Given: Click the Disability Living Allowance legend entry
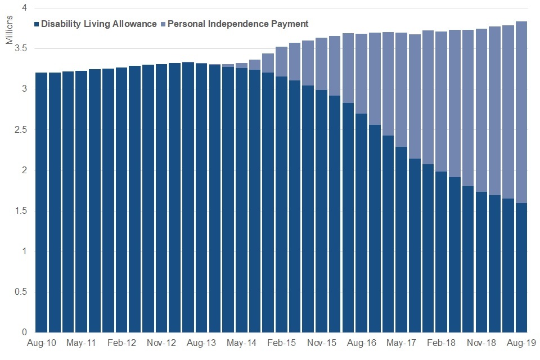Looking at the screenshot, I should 96,24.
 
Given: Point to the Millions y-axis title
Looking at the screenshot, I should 9,33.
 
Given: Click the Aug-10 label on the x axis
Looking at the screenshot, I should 41,342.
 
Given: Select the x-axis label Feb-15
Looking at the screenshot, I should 282,342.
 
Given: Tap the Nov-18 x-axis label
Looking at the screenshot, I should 481,342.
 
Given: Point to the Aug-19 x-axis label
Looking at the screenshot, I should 521,342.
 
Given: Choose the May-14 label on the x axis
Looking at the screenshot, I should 241,342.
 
